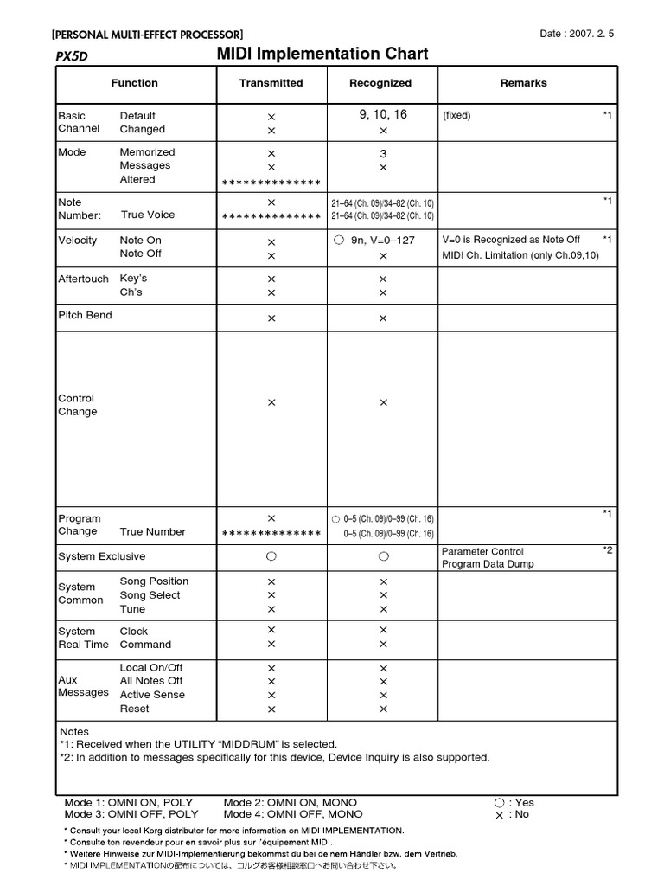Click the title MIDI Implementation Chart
(x=322, y=54)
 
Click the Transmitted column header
(x=271, y=83)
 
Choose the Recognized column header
(x=380, y=83)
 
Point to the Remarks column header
(x=523, y=83)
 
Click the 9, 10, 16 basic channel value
(x=383, y=114)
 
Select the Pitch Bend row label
(x=85, y=316)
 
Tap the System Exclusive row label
(x=101, y=556)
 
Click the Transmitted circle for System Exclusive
(x=271, y=556)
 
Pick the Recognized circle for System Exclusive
(x=383, y=556)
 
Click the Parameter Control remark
(x=482, y=551)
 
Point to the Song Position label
(x=154, y=581)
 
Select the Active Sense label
(x=152, y=695)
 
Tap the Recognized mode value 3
(x=383, y=153)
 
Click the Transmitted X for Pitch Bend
(x=271, y=318)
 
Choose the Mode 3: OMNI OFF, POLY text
(x=131, y=814)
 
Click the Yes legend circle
(x=499, y=803)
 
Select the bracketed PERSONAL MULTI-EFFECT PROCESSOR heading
(x=147, y=35)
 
